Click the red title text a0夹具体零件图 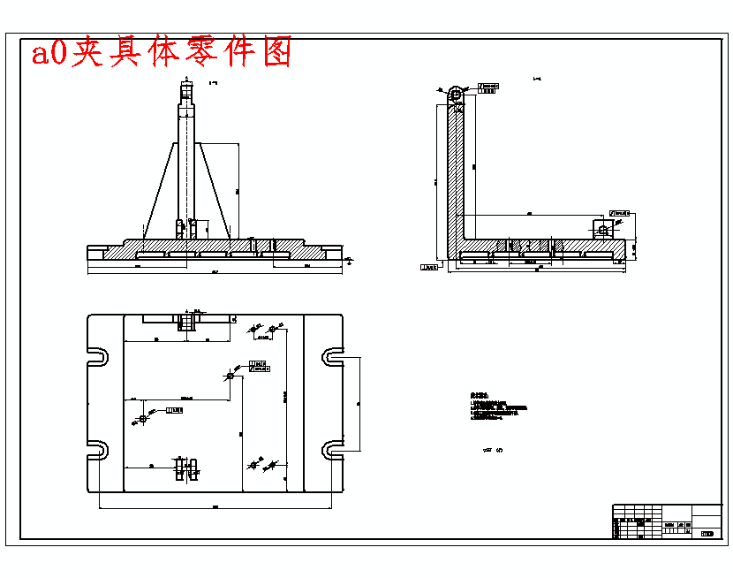click(162, 54)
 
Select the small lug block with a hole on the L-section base click(603, 229)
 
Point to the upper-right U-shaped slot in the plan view click(333, 357)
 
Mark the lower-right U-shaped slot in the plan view click(333, 449)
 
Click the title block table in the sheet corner click(667, 521)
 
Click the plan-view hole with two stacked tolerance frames click(230, 376)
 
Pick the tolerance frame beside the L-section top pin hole click(488, 87)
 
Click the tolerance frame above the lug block click(620, 213)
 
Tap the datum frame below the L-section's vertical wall click(430, 267)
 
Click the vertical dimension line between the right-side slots click(359, 402)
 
